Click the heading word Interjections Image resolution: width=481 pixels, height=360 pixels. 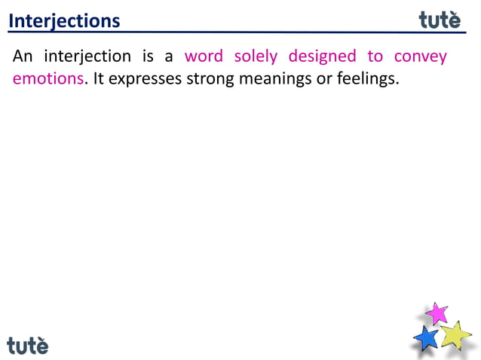coord(64,21)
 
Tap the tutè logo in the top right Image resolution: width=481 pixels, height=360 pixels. coord(440,20)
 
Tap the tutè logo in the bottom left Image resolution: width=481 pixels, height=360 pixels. coord(28,345)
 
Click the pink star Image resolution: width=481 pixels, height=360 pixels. coord(437,313)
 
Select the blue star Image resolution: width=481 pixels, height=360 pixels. coord(427,337)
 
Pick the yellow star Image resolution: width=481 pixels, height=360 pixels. coord(455,334)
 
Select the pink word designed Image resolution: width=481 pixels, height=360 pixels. coord(322,57)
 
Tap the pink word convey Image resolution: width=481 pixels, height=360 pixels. coord(421,57)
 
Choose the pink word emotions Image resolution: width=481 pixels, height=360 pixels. coord(47,78)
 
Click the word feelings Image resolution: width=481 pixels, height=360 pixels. coord(367,79)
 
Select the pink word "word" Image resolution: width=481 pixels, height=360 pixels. coord(204,56)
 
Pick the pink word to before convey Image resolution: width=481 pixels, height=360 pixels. coord(375,56)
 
